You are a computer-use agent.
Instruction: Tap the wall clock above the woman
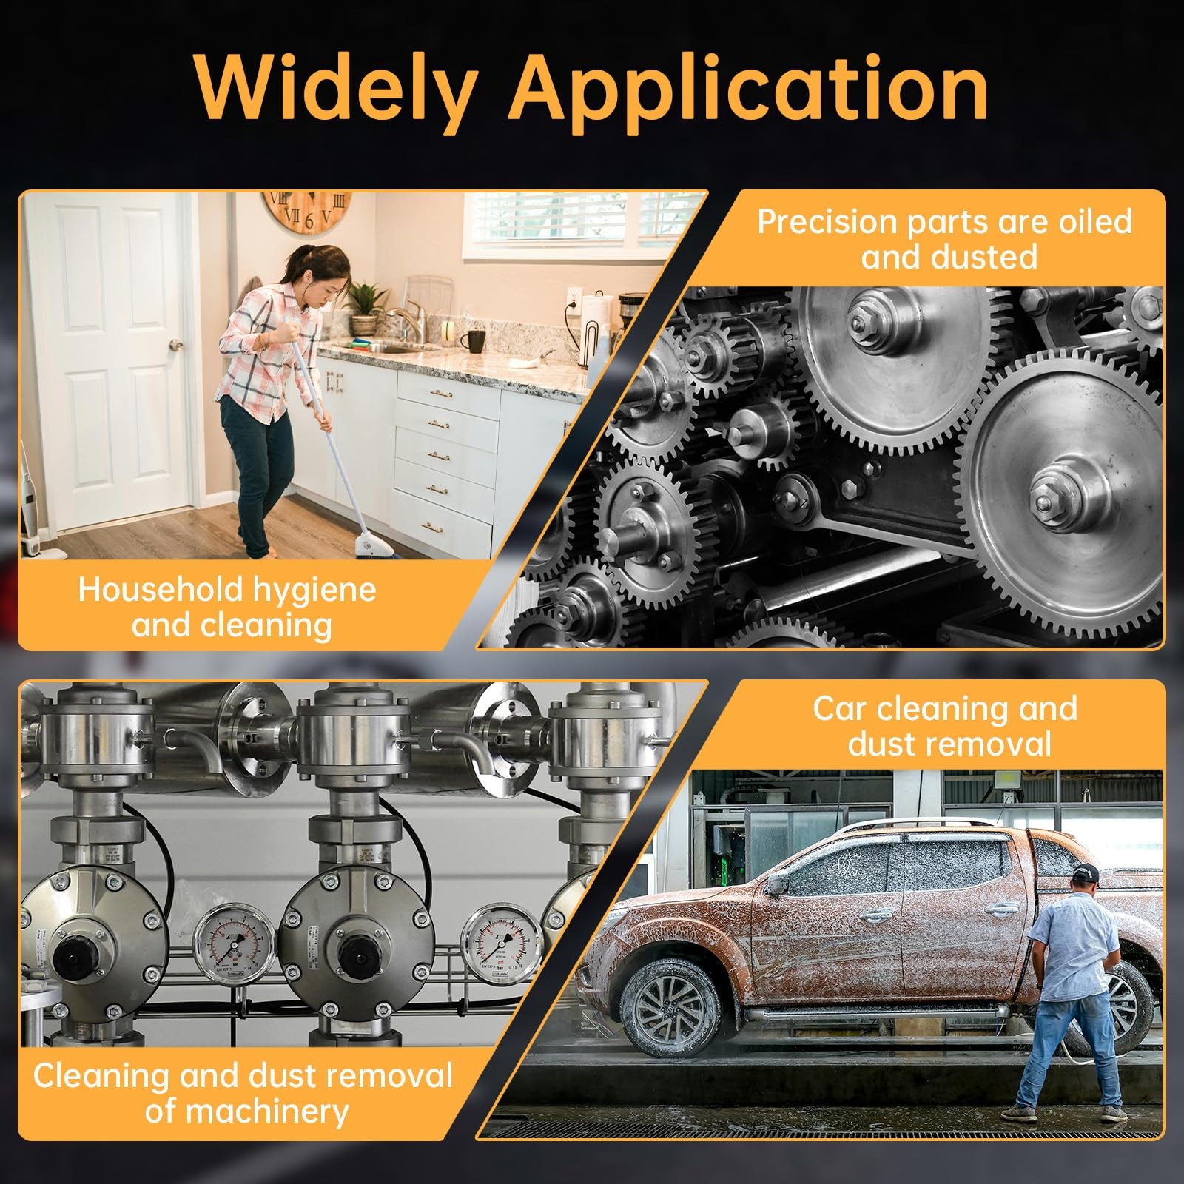click(306, 212)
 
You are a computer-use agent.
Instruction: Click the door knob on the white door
click(175, 345)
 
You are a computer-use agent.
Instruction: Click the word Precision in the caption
click(828, 222)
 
